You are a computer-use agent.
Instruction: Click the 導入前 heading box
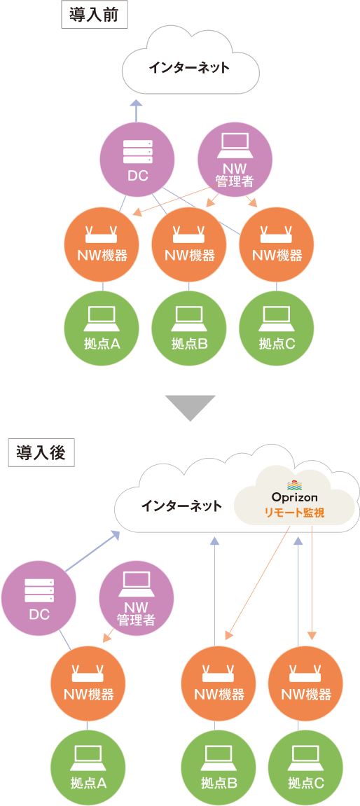coord(94,15)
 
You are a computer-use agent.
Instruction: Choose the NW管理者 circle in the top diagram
coord(235,160)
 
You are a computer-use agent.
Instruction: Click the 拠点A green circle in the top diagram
coord(102,327)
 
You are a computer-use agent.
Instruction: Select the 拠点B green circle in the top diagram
coord(189,327)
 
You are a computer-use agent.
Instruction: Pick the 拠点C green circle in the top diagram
coord(277,327)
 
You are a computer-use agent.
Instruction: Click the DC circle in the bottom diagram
coord(39,598)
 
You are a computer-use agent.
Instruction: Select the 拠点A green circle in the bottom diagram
coord(88,767)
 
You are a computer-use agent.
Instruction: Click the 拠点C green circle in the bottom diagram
coord(306,767)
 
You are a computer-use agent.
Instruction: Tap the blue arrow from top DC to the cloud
coord(137,111)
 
